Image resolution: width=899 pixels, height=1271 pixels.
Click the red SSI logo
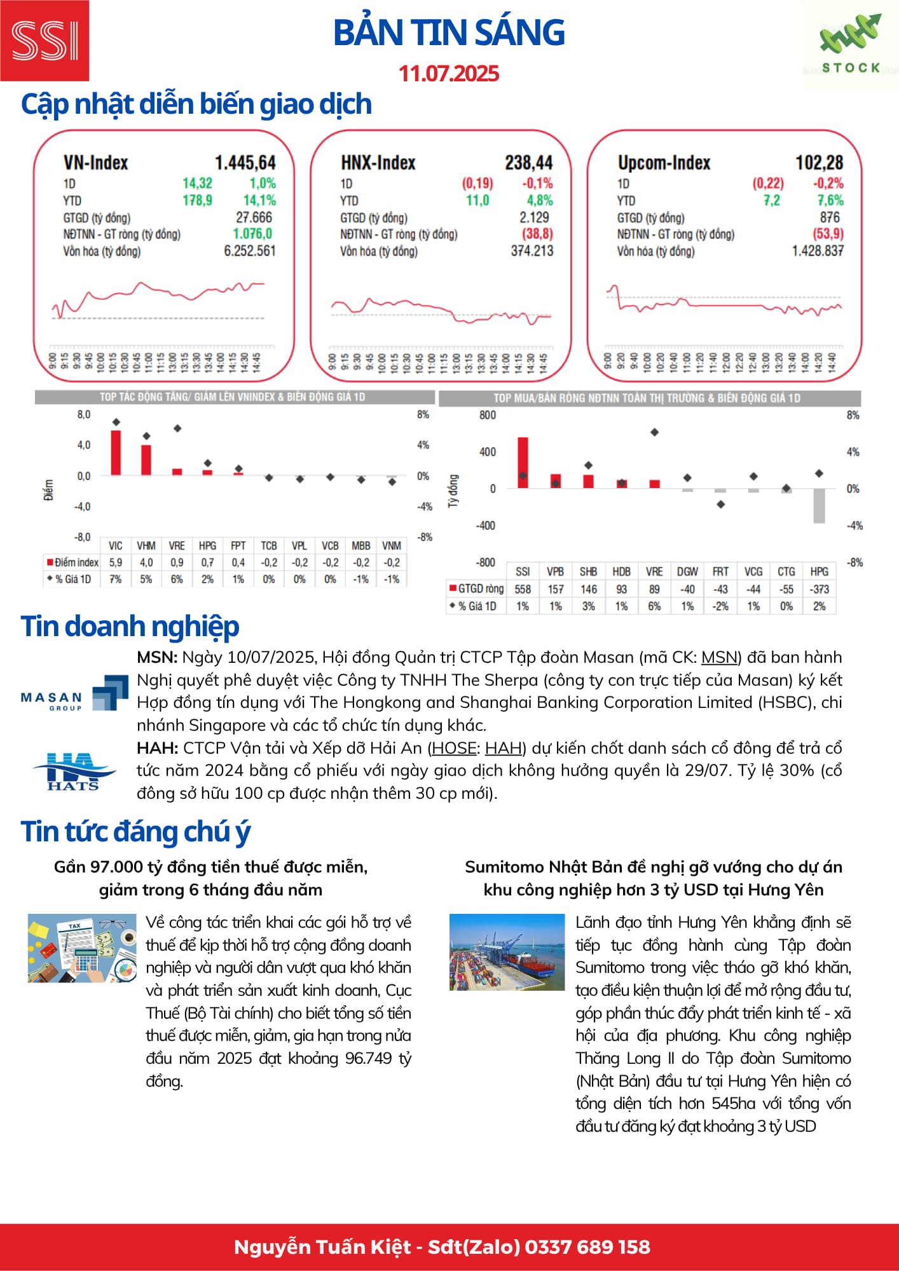click(45, 41)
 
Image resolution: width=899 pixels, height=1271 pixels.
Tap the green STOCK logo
click(850, 44)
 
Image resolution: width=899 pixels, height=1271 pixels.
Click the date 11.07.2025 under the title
click(449, 74)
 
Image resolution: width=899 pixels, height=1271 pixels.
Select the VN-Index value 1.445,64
click(245, 163)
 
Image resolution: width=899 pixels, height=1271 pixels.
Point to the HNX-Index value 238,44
click(528, 163)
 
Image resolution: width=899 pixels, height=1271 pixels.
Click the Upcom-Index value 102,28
click(819, 163)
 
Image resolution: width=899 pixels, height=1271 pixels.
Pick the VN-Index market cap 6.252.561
click(250, 251)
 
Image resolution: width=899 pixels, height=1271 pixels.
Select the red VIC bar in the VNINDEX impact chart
click(116, 452)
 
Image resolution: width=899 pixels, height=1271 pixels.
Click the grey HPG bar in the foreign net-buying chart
click(820, 506)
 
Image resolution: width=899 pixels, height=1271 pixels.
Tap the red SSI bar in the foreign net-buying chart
click(523, 463)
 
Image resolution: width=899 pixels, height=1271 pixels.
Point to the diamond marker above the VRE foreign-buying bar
click(654, 432)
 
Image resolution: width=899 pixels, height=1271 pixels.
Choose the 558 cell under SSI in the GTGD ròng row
click(523, 589)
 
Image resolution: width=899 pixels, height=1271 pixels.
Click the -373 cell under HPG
click(820, 589)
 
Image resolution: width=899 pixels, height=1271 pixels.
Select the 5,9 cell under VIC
click(116, 562)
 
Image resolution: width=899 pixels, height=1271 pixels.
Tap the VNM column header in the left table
click(392, 546)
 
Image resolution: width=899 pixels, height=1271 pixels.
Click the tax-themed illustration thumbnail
click(82, 948)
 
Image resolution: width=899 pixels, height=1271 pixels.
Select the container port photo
click(507, 952)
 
